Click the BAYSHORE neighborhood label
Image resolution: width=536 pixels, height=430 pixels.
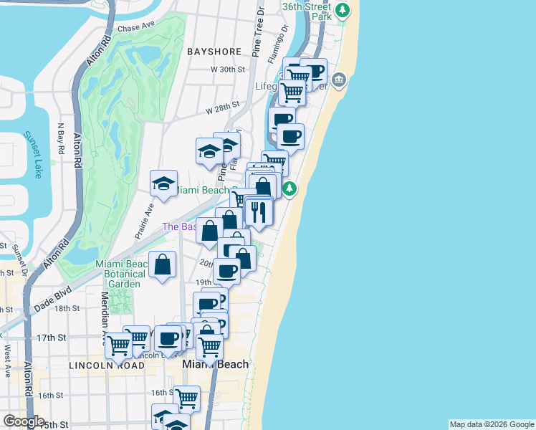click(x=213, y=52)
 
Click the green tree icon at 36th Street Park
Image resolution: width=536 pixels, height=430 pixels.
click(x=344, y=10)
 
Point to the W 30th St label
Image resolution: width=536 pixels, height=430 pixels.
click(x=228, y=70)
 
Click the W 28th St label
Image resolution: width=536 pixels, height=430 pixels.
click(x=221, y=108)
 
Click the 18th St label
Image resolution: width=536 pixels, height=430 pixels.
click(x=67, y=308)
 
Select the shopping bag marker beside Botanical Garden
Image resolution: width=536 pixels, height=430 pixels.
click(x=163, y=264)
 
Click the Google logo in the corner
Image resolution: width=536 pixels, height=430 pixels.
click(x=24, y=421)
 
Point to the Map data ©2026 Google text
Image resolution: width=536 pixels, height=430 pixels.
click(x=492, y=424)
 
